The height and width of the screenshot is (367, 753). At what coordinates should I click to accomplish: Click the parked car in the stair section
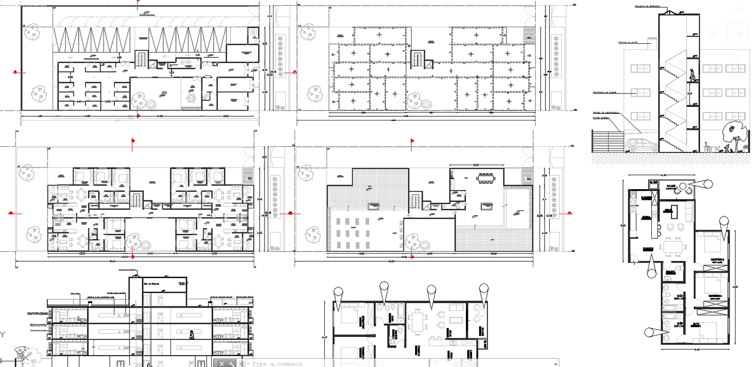coord(642,145)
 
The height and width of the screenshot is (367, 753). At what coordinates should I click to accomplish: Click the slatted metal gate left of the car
coord(607,141)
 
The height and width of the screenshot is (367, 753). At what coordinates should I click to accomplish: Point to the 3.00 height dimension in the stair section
coord(690,94)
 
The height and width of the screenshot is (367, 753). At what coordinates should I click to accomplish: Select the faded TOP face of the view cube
coord(737,34)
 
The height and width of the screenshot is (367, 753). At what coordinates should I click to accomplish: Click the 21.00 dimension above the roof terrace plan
coord(476,165)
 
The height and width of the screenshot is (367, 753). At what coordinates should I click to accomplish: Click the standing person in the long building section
coord(191,335)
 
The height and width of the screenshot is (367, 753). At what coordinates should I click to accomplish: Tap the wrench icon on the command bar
coord(231,363)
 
